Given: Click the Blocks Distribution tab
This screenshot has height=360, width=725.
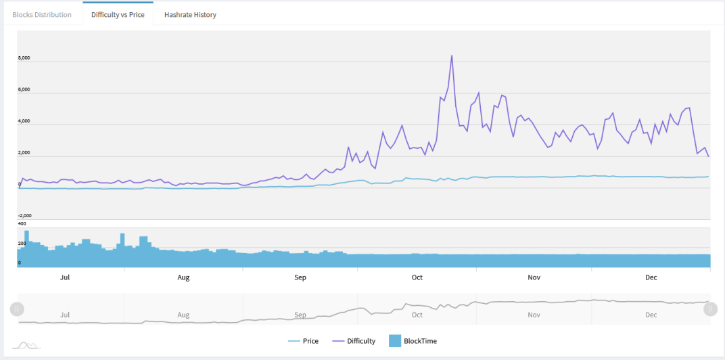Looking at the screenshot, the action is coord(42,14).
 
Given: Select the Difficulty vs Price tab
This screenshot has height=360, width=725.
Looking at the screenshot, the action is coord(118,14).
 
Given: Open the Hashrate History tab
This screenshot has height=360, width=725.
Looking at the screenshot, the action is coord(190,14).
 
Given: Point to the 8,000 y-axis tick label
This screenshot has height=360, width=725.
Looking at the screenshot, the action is coord(24,58).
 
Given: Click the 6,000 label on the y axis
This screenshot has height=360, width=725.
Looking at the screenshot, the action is coord(24,90).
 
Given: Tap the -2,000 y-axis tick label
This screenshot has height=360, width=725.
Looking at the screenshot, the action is coord(24,216).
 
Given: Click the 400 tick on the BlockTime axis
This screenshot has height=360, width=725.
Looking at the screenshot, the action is coord(22,223).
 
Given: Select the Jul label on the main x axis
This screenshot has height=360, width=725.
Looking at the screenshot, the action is coord(65,277).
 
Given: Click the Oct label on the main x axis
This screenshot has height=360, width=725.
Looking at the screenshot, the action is coord(417,277).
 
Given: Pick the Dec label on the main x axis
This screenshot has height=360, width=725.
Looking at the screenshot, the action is coord(651,277).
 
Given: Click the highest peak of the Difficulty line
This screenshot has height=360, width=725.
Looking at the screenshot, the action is coord(452,55).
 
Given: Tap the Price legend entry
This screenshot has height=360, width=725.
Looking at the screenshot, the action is coord(303,342).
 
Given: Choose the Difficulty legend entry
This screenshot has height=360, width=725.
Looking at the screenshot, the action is coord(354,342).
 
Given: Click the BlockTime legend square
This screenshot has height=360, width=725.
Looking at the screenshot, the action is coord(395,341).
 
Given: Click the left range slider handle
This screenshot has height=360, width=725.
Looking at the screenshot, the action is coord(17,309).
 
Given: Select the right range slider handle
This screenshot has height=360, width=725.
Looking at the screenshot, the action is coord(711,309).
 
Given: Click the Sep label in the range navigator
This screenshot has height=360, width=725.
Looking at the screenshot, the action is coord(300,315).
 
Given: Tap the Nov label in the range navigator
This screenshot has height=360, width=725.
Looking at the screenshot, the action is coord(534,315).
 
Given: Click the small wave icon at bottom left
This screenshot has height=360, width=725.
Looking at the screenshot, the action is coord(26,345).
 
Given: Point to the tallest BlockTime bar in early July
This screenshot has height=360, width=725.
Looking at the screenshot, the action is coord(27,248).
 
